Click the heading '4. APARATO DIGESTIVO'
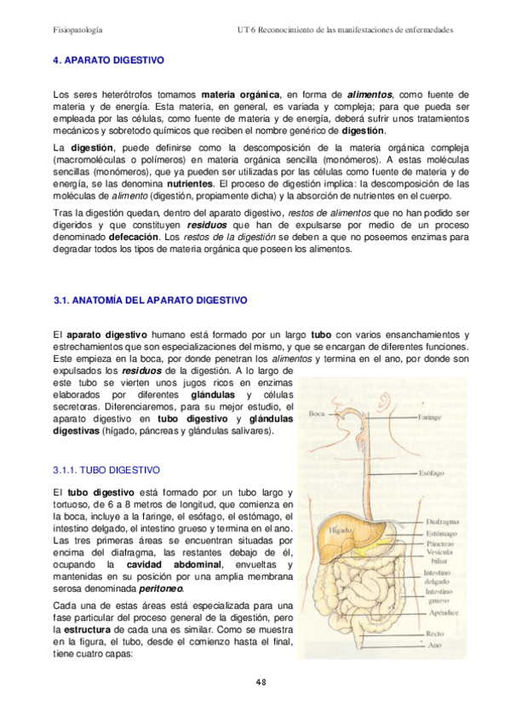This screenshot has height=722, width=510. [108, 61]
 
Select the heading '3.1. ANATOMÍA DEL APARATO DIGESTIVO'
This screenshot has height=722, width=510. [150, 301]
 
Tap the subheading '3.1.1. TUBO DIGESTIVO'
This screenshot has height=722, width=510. [106, 470]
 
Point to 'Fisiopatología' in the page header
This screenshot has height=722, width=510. [77, 29]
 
